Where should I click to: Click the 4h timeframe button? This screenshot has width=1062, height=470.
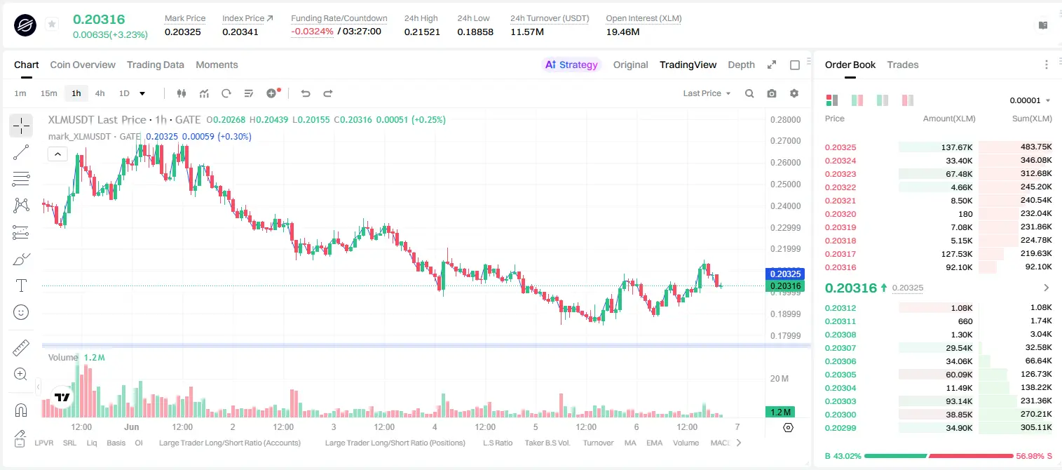point(100,93)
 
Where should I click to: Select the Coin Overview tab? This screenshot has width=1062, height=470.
point(83,65)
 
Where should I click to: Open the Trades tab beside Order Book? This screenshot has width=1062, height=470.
point(903,65)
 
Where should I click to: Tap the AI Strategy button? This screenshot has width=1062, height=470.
point(571,65)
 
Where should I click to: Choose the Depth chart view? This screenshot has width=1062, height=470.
point(741,65)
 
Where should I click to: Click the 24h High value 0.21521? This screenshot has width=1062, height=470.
point(422,32)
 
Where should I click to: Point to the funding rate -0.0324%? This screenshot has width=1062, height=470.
point(312,32)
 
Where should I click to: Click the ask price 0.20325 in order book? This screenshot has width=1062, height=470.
point(840,147)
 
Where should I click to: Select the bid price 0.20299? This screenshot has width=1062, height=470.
point(840,428)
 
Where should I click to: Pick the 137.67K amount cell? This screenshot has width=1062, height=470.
point(957,147)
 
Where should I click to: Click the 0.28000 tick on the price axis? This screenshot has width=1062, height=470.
point(785,119)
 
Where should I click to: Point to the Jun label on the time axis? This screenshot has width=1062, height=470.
point(131,427)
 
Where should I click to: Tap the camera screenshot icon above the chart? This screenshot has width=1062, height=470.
point(772,93)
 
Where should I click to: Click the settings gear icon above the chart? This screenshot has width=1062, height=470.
point(794,93)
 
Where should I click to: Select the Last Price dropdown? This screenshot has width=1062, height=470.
point(707,93)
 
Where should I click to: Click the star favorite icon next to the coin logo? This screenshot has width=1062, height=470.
point(52,24)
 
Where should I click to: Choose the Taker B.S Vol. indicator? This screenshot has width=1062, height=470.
point(547,443)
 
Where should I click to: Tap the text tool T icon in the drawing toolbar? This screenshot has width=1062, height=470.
point(21,286)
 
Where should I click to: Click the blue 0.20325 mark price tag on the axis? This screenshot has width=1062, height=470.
point(785,274)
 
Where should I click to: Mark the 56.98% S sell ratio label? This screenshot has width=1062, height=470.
point(1033,456)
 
